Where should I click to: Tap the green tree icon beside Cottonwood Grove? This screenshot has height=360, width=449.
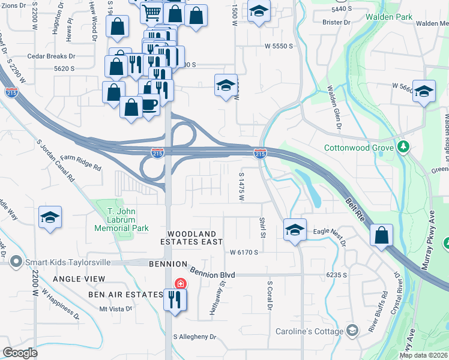click(x=404, y=147)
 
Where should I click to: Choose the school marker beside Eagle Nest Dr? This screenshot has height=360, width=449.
click(x=295, y=230)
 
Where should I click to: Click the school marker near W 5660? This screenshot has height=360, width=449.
click(x=424, y=92)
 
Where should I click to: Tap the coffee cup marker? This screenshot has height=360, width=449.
click(x=149, y=106)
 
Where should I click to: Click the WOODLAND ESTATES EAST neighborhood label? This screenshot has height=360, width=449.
click(x=191, y=237)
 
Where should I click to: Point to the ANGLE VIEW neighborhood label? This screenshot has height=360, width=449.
click(x=79, y=279)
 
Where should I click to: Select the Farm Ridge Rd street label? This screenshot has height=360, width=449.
click(x=80, y=162)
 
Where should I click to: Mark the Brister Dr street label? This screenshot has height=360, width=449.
click(x=336, y=22)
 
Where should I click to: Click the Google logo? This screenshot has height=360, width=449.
click(x=20, y=352)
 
